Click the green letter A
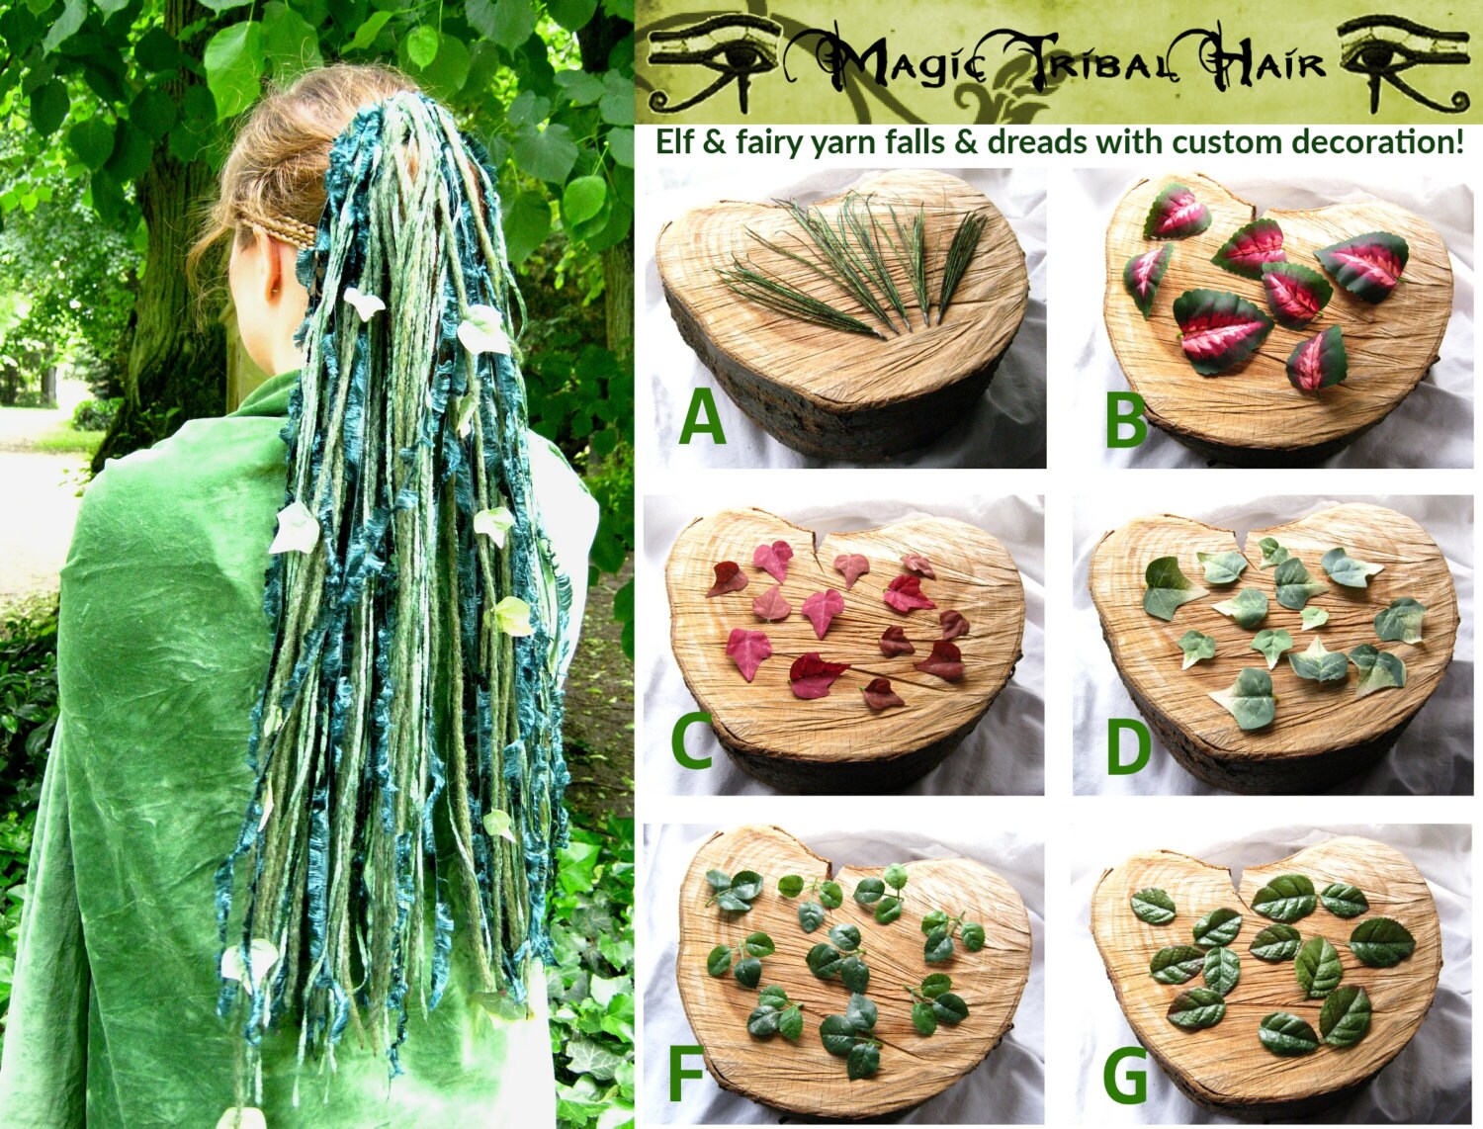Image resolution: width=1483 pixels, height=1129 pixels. pyautogui.click(x=702, y=416)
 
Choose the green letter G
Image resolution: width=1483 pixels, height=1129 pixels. pyautogui.click(x=1125, y=1076)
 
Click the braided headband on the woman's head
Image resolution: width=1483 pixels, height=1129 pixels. pyautogui.click(x=282, y=233)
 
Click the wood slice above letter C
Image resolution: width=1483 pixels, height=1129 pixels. pyautogui.click(x=845, y=633)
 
